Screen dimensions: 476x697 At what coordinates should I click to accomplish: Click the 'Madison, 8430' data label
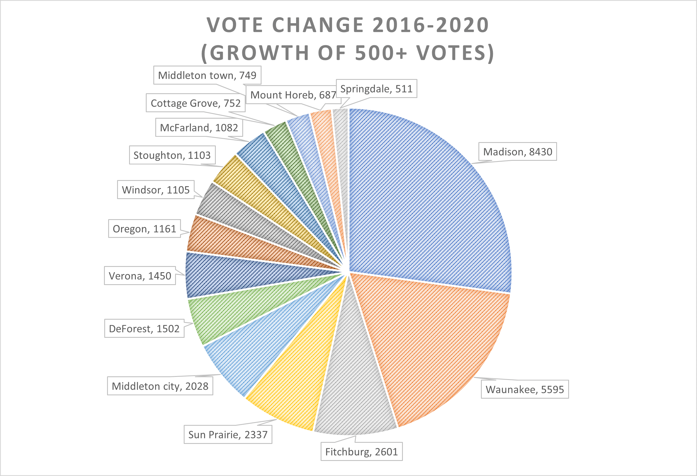pos(517,152)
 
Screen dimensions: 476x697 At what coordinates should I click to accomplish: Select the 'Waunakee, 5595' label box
pos(524,389)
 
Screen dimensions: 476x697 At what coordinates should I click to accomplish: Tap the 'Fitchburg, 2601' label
pos(361,452)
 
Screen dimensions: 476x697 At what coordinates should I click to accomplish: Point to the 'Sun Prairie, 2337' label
pos(228,435)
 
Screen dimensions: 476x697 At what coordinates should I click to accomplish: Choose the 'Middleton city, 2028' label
pos(160,386)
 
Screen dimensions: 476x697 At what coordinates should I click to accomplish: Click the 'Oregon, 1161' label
pos(144,229)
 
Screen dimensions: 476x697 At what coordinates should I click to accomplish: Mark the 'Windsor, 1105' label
pos(156,190)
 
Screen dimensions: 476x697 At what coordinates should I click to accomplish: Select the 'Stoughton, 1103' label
pos(172,155)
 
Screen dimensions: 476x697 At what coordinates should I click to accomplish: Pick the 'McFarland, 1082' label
pos(199,128)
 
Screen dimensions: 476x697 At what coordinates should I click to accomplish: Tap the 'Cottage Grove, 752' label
pos(195,103)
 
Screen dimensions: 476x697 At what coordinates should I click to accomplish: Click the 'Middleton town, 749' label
pos(207,75)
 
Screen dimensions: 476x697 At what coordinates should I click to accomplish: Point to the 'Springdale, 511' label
pos(376,88)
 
